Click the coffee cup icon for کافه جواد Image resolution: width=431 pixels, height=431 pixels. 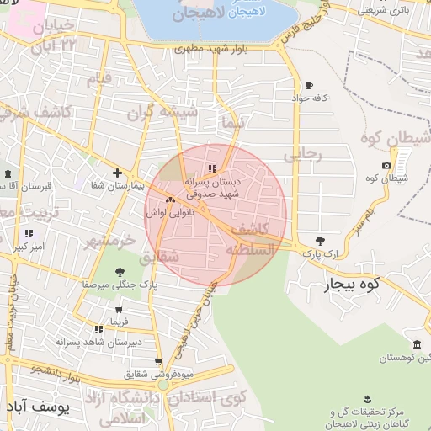(309, 86)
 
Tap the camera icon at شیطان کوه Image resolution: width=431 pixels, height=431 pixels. (386, 165)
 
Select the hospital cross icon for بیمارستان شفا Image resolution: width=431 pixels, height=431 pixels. (117, 173)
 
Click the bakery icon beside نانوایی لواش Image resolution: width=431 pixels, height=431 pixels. (171, 200)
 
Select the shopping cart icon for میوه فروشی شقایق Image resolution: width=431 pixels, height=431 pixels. (158, 362)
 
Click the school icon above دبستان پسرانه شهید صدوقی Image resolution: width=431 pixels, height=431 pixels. (212, 168)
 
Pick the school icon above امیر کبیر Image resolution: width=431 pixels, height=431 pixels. (29, 233)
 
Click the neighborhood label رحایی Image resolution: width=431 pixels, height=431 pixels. (302, 155)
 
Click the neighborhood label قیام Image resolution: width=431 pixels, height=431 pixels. (99, 80)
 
